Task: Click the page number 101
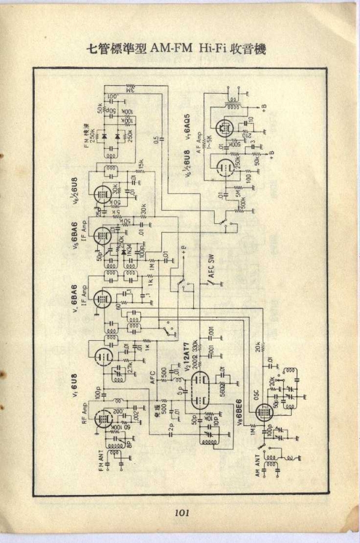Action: [182, 513]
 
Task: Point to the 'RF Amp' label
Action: [85, 413]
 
